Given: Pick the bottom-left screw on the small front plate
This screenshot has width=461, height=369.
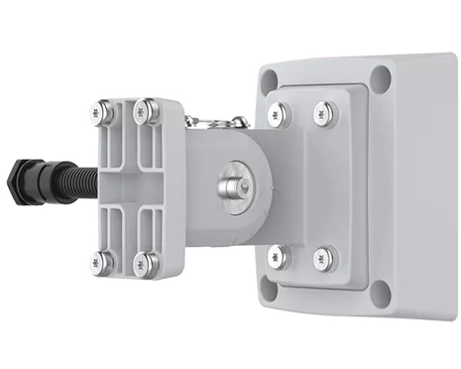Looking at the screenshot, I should pos(101,262).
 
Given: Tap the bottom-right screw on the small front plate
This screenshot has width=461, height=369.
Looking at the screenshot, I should pos(146,263).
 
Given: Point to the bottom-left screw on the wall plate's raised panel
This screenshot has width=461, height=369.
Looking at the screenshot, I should pos(280,257).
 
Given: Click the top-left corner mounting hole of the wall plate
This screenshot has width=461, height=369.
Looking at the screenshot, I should pos(269,80).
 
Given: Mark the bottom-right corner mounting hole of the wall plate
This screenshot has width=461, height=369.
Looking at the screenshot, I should pos(380,293).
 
